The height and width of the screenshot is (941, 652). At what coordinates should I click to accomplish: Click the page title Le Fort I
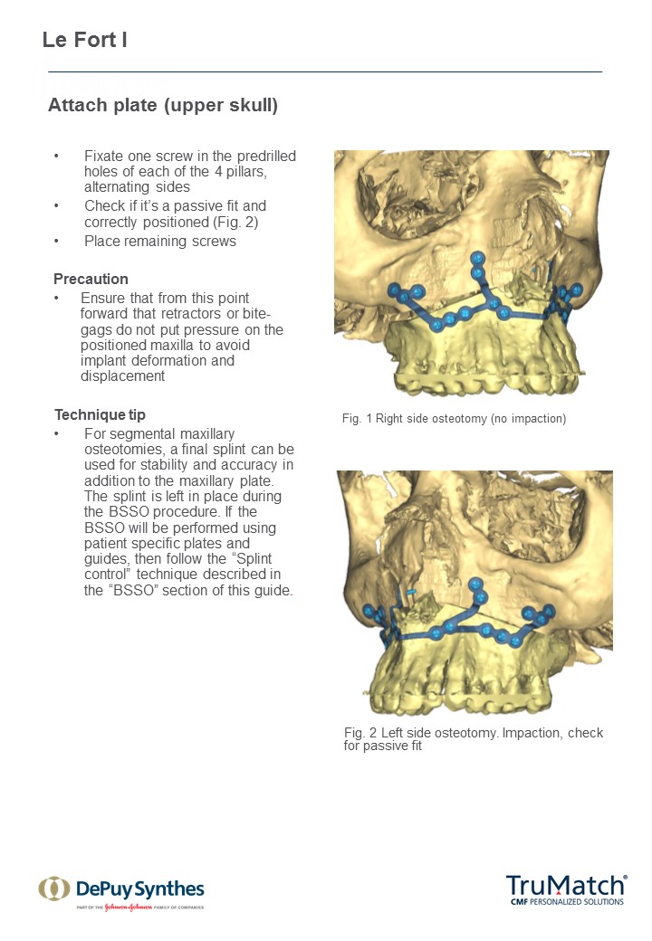click(84, 41)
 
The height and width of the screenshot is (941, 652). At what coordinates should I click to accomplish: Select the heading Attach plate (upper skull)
click(163, 106)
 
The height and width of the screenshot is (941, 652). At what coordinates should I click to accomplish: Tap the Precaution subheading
click(91, 279)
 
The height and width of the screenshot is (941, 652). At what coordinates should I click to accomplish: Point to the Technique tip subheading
click(100, 414)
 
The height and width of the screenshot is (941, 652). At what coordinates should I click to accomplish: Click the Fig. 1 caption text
click(454, 419)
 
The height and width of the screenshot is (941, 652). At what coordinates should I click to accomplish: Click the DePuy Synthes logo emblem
click(53, 889)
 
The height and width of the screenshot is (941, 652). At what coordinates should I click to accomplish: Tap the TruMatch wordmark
click(565, 885)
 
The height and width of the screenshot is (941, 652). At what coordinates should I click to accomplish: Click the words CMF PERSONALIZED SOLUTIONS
click(567, 901)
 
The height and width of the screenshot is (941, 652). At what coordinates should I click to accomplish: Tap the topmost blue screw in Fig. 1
click(477, 259)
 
